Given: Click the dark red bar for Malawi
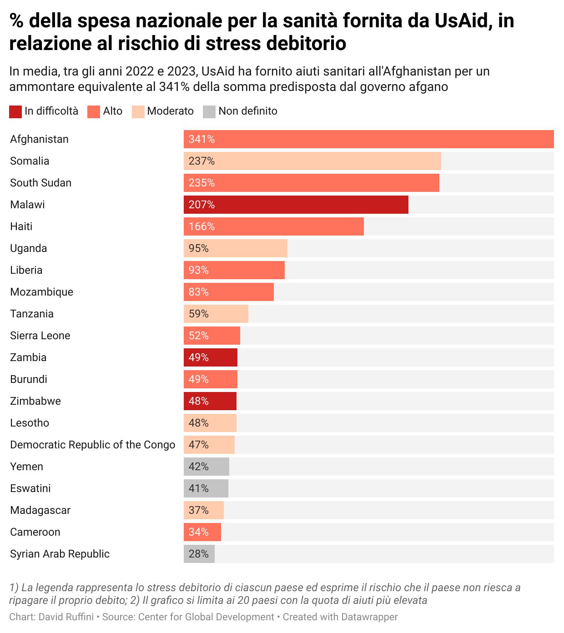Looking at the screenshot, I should (296, 205).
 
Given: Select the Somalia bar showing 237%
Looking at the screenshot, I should (312, 161).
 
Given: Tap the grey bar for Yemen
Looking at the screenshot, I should (206, 467).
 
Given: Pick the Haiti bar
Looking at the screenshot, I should (273, 226).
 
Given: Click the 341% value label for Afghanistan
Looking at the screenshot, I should (201, 139).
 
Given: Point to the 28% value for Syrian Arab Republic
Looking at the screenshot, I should (199, 554).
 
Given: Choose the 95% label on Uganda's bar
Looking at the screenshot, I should (199, 248).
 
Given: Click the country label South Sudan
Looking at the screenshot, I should (41, 183).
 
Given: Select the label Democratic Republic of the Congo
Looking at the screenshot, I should (92, 445).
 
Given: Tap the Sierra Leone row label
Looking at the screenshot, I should (40, 336).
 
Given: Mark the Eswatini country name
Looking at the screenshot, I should (30, 488).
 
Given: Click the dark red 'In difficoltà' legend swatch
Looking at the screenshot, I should (15, 111).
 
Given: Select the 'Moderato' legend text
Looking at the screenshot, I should (170, 111).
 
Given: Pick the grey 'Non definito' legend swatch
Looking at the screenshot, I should (209, 111).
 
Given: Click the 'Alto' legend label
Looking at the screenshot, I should (112, 111).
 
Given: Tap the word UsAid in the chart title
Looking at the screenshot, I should (461, 21).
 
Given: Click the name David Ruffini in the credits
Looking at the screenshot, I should (66, 617).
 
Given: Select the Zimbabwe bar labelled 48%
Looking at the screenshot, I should (210, 401).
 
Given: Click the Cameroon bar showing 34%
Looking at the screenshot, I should (202, 532).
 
